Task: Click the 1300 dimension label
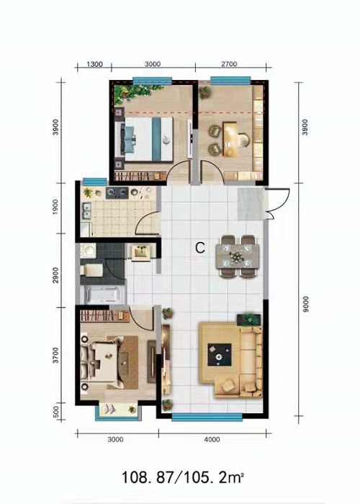pos(94,64)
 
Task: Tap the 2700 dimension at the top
pos(229,64)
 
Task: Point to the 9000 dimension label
pos(306,304)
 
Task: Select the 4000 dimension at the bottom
pos(212,439)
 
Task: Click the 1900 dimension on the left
pos(55,207)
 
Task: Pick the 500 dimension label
pos(55,411)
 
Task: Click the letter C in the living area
pos(200,248)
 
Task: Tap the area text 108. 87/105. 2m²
pos(181,477)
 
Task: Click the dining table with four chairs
pos(238,256)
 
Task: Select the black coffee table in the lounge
pos(220,354)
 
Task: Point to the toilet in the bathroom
pos(91,270)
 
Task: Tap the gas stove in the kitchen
pos(117,193)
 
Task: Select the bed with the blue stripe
pos(147,139)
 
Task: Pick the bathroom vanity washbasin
pos(140,251)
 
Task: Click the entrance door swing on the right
pos(279,204)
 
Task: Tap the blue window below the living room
pos(207,417)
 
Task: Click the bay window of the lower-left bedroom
pos(118,411)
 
